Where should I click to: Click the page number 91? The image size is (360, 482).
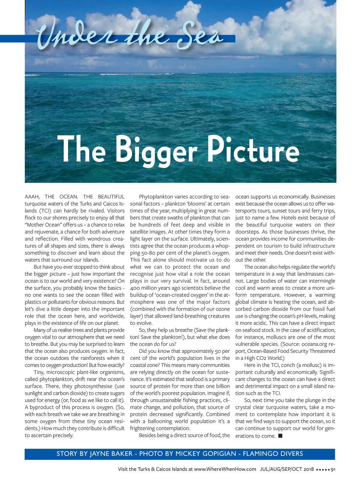point(333,469)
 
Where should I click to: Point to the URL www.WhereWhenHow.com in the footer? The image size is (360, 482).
point(225,469)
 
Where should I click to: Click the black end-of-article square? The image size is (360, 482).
point(280,435)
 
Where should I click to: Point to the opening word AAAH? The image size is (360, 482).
point(32,197)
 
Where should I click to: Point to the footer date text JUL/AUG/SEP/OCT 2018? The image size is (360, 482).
point(287,469)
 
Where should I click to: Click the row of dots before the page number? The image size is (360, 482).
point(323,470)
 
